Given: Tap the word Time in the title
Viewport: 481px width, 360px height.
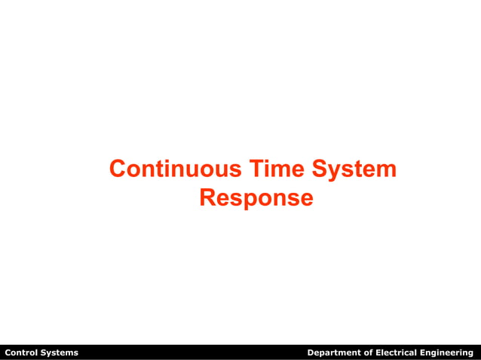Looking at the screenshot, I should (268, 169).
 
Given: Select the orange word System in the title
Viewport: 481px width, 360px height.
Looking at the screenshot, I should (353, 169).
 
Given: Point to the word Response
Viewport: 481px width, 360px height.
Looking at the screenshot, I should (256, 198).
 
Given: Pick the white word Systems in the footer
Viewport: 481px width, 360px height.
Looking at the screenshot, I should (59, 352).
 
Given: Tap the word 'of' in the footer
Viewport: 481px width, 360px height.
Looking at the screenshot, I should (368, 352).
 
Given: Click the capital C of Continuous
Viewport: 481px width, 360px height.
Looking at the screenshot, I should (118, 169).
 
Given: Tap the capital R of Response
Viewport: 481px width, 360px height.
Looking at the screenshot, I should (207, 198).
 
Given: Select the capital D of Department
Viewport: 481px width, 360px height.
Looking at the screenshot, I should (311, 352).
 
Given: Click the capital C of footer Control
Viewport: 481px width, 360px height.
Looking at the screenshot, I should (8, 352).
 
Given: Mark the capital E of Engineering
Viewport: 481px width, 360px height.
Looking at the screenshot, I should (424, 352).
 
